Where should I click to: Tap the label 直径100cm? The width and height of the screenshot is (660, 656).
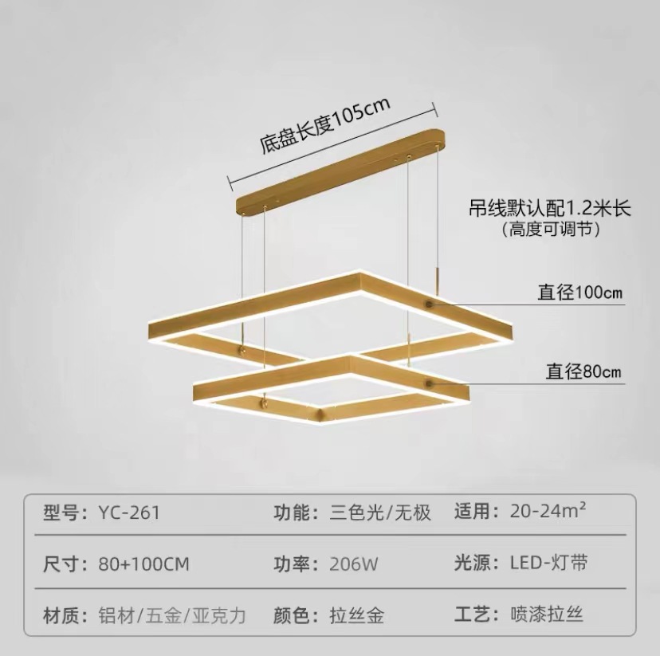(579, 293)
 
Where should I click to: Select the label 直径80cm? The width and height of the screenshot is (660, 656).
(583, 371)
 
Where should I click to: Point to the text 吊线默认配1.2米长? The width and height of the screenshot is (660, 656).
(549, 210)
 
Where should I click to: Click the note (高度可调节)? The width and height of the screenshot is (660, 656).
(549, 230)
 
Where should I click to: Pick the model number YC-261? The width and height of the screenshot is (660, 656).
(129, 512)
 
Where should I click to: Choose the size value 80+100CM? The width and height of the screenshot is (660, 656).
(144, 564)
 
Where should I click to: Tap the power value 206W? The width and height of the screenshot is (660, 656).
(354, 564)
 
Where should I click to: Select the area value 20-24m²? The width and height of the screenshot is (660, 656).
(549, 511)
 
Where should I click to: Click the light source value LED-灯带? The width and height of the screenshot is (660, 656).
(549, 563)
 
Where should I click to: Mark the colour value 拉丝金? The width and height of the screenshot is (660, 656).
(357, 615)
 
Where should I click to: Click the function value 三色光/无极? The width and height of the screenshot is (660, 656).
(380, 512)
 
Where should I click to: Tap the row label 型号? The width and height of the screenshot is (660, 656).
(64, 512)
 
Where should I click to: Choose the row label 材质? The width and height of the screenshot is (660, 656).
(64, 615)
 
